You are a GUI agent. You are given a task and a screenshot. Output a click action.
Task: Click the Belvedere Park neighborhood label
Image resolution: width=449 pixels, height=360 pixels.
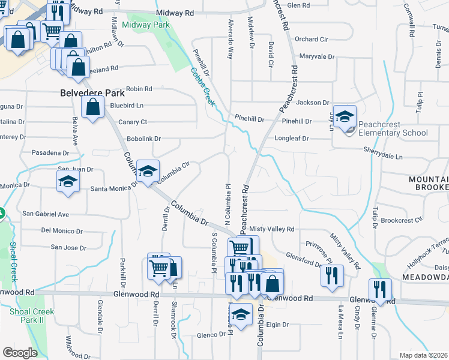coord(92,93)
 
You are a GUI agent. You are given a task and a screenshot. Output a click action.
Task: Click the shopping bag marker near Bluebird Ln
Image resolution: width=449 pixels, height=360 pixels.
coord(92,109)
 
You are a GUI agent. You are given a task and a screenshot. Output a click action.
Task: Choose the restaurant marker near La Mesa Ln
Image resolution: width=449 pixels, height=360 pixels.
coord(332,275)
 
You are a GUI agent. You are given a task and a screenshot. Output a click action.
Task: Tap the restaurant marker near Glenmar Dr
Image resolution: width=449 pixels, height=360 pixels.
coord(380,289)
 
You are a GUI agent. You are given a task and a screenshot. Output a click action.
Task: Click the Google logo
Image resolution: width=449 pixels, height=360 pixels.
coord(20,352)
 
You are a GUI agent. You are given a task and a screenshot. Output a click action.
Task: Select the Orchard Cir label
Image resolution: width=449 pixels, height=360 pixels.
coord(312,39)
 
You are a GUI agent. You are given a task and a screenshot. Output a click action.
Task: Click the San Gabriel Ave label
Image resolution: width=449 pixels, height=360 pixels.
coord(46,214)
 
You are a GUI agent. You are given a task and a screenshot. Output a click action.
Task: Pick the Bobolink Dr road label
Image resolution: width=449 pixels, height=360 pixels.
coord(144,139)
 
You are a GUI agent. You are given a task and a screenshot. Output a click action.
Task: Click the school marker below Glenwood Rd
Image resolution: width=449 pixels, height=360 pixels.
coord(241,314)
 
